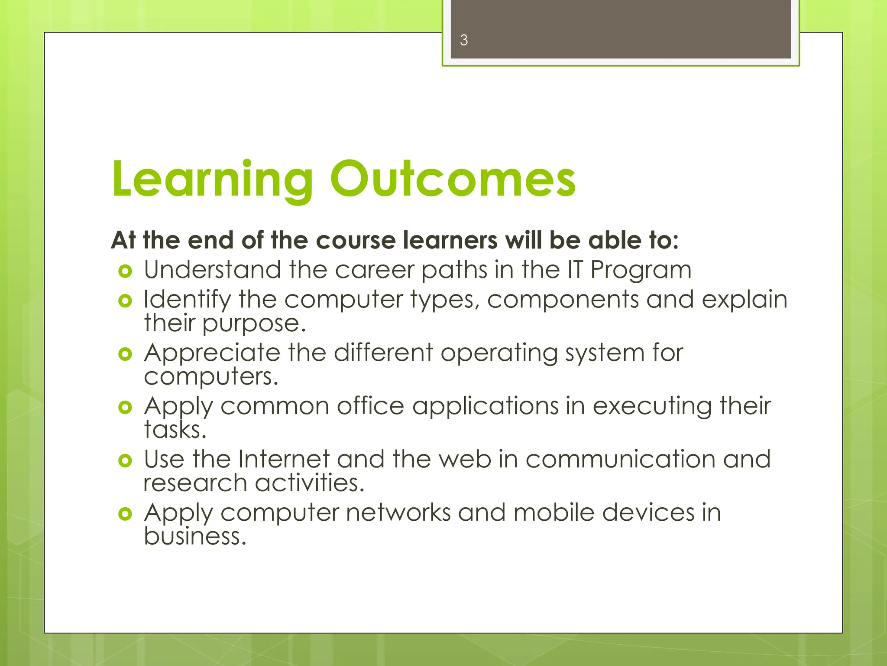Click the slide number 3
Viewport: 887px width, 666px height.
(464, 40)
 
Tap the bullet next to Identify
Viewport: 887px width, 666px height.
(125, 300)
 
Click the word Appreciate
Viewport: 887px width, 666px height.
(212, 353)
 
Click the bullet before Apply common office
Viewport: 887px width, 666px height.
(125, 407)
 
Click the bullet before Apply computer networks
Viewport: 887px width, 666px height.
(125, 514)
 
